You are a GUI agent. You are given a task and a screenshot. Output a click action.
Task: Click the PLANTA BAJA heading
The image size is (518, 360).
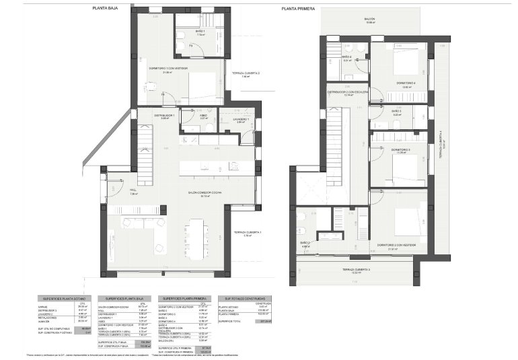point(103,8)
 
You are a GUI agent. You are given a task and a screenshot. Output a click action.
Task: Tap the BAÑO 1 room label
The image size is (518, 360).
point(182,32)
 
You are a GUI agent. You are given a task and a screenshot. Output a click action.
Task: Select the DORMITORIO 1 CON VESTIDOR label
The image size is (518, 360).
point(167,68)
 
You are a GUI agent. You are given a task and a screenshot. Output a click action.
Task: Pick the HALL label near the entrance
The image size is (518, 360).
point(133,190)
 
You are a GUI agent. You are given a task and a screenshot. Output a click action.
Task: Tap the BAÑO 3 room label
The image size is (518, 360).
point(396,111)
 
